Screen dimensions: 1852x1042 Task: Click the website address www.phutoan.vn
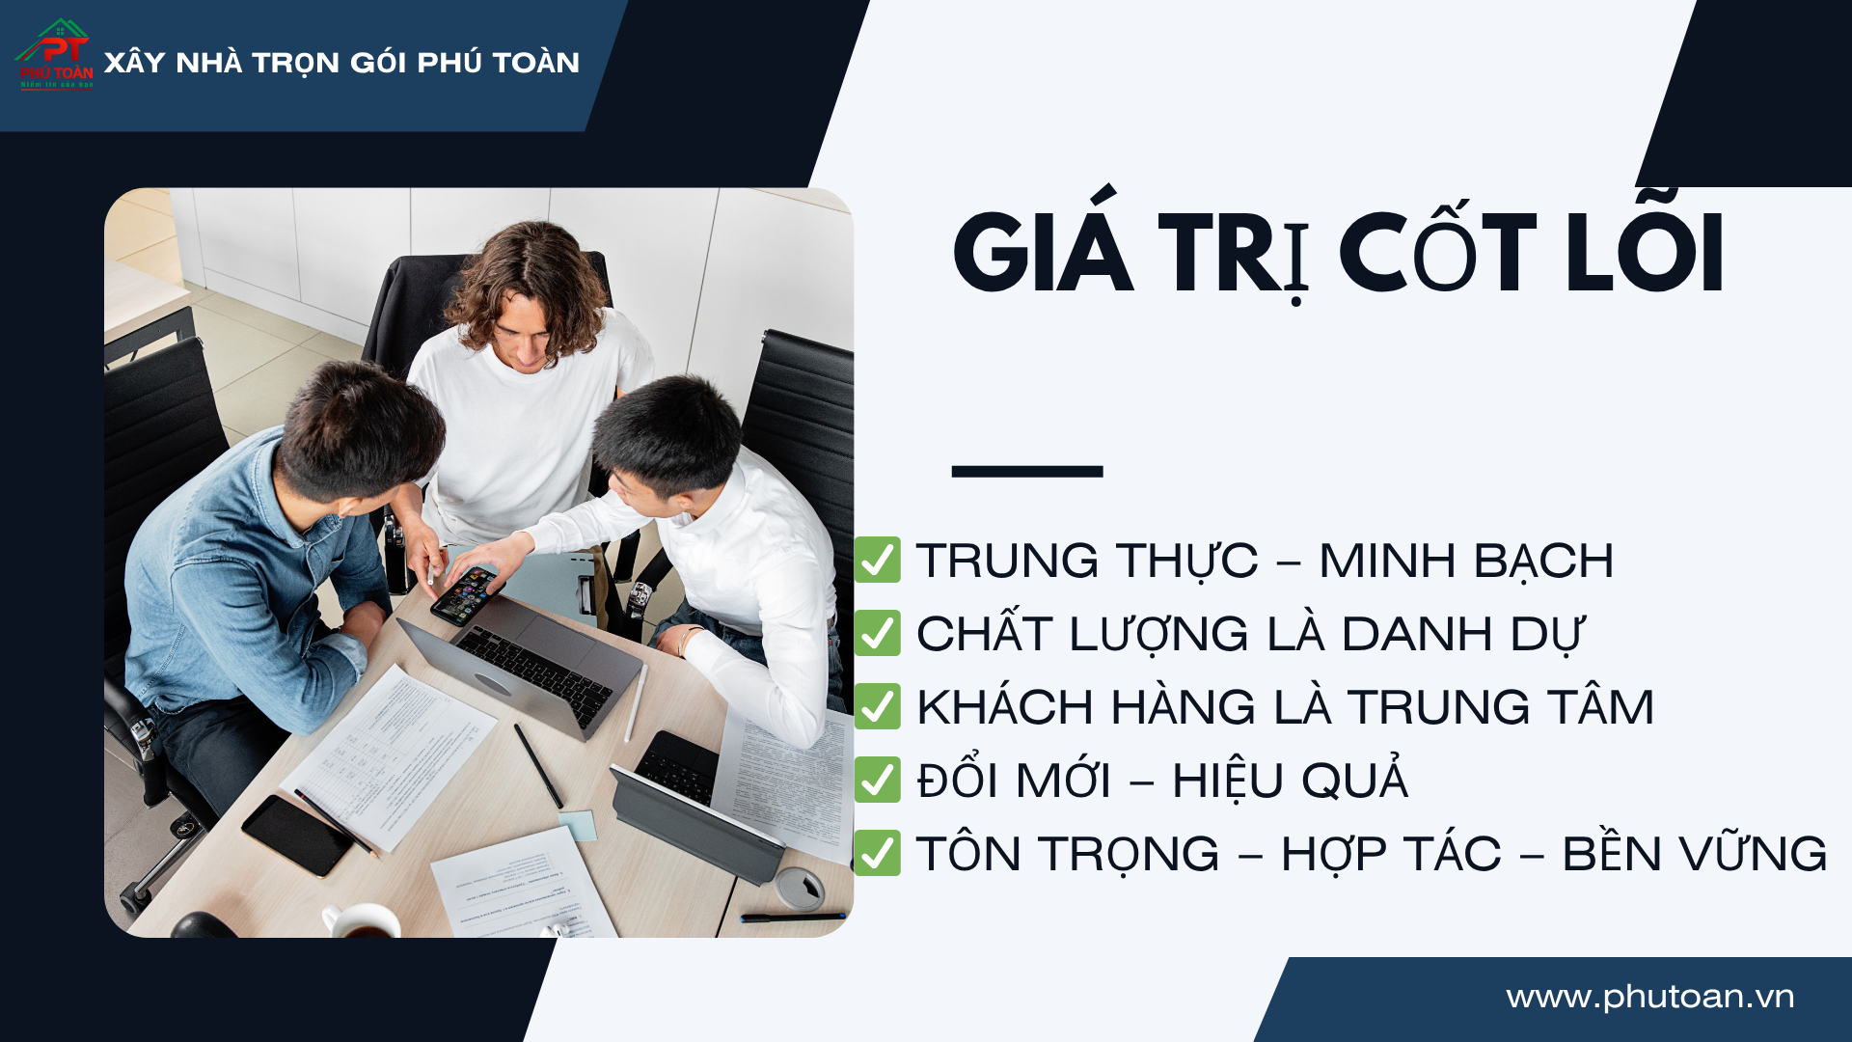tap(1650, 997)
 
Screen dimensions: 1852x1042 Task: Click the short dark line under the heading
tap(1027, 471)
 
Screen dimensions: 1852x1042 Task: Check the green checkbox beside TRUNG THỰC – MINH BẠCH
tap(878, 560)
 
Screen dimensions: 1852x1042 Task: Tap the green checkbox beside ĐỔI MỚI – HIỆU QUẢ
tap(878, 780)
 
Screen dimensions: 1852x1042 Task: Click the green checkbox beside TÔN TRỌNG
tap(878, 853)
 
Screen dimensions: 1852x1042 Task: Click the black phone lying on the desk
tap(297, 836)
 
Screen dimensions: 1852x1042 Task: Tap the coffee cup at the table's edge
tap(361, 920)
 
